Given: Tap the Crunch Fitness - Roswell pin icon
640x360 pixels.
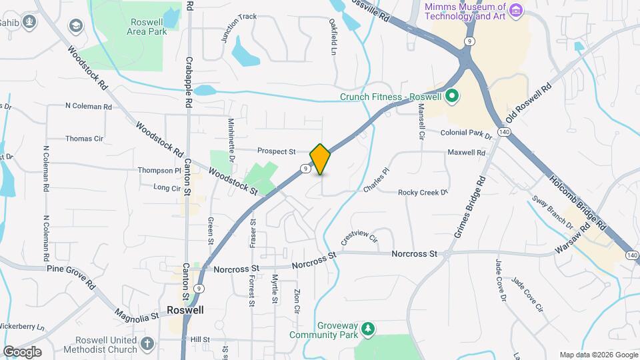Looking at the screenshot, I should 451,97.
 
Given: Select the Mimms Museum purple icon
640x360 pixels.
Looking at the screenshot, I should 516,9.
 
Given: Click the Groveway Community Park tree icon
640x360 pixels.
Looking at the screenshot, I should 366,329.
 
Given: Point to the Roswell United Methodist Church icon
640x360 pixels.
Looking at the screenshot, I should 147,343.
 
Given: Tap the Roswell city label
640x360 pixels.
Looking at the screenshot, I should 185,310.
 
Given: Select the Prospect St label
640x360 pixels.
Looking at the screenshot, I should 276,151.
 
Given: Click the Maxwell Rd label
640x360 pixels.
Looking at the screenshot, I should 466,153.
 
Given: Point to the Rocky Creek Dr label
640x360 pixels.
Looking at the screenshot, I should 421,193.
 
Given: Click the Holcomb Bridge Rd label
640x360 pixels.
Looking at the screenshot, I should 578,199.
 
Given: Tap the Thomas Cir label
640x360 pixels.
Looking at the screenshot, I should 84,139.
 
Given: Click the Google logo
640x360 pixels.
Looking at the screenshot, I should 22,351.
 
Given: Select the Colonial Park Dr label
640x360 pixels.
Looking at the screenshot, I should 465,133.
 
